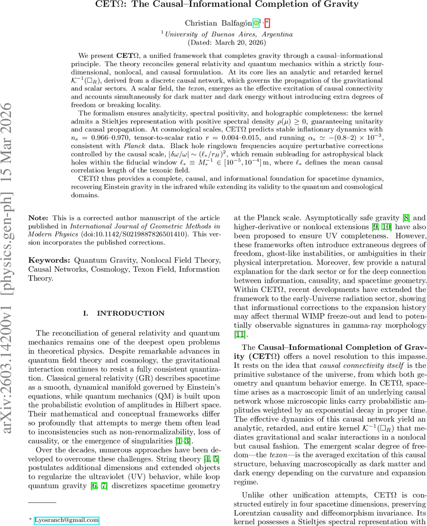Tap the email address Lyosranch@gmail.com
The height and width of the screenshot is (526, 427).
67,520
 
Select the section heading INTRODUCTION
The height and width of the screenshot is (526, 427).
130,313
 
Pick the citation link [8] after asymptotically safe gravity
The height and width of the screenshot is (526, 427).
407,217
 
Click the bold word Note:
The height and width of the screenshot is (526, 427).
39,218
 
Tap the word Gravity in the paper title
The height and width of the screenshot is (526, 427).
339,5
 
